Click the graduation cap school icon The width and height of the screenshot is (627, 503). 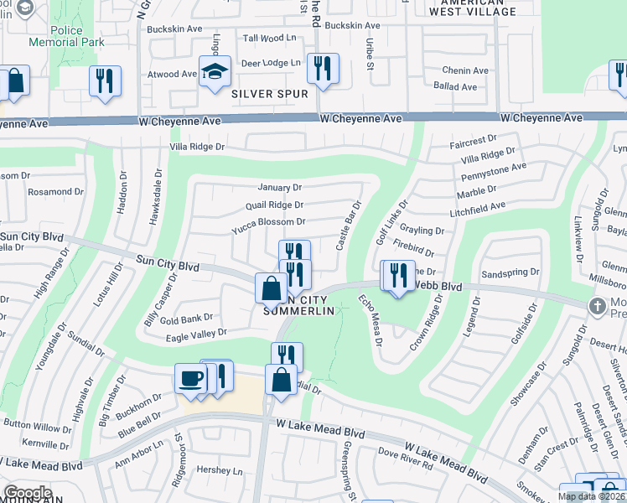click(x=215, y=71)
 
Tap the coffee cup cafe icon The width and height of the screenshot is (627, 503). click(x=190, y=378)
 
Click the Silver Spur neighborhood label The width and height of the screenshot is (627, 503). click(x=270, y=94)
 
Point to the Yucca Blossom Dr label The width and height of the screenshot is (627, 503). click(x=268, y=222)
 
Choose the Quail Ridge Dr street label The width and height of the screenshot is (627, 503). click(x=274, y=205)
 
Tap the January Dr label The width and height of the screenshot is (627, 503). click(x=279, y=187)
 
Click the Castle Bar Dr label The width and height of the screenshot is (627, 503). click(x=348, y=225)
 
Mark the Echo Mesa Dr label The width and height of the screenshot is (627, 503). click(x=370, y=319)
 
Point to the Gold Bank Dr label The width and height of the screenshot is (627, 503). click(x=187, y=319)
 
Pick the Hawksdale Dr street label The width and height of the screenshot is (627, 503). click(x=155, y=197)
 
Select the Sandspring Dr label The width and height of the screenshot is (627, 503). click(x=510, y=272)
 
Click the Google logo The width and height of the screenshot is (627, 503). click(x=28, y=493)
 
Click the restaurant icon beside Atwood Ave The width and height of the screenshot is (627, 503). click(x=105, y=80)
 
